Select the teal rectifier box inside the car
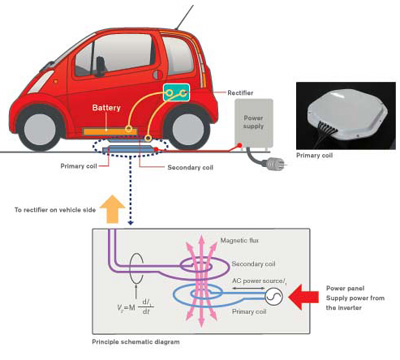[x=176, y=93]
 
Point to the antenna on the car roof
[x=181, y=17]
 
